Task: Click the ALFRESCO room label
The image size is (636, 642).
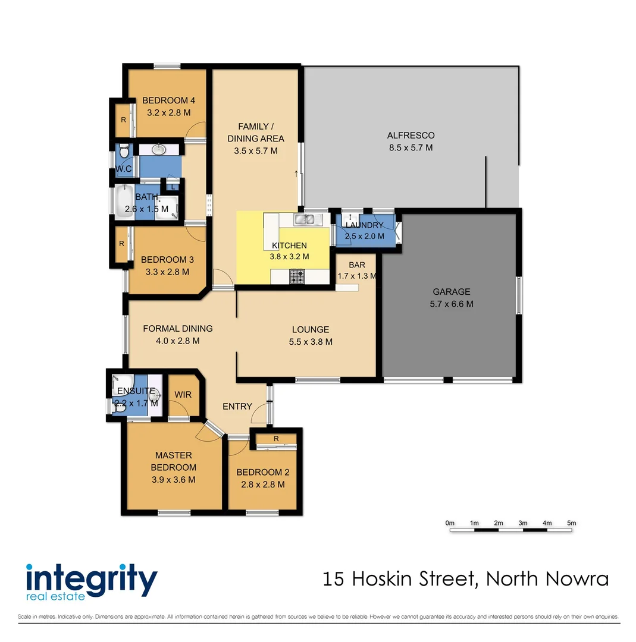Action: pos(411,136)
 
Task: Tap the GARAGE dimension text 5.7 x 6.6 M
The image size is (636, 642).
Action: pos(451,304)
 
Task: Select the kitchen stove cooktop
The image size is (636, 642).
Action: pos(297,276)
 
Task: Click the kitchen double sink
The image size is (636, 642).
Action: pos(305,220)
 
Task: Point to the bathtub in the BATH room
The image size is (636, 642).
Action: pos(125,201)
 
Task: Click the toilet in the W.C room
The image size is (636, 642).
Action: pos(123,153)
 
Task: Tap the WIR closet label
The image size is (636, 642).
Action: pos(182,394)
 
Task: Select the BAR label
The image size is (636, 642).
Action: pos(356,265)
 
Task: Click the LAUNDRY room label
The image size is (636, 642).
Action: pos(365,225)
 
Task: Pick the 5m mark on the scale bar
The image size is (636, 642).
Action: pos(572,523)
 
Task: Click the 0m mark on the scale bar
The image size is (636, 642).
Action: pos(450,523)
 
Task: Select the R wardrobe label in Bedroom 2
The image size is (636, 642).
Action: pos(276,439)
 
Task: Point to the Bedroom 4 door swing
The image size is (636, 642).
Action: pos(196,132)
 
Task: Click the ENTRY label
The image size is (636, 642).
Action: pos(237,407)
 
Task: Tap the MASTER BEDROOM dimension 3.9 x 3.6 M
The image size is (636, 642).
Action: pos(173,480)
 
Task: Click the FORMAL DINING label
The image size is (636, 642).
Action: pos(177,329)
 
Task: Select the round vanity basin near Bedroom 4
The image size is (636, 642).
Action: pos(160,149)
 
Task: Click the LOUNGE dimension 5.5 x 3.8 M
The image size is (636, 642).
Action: pos(310,342)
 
